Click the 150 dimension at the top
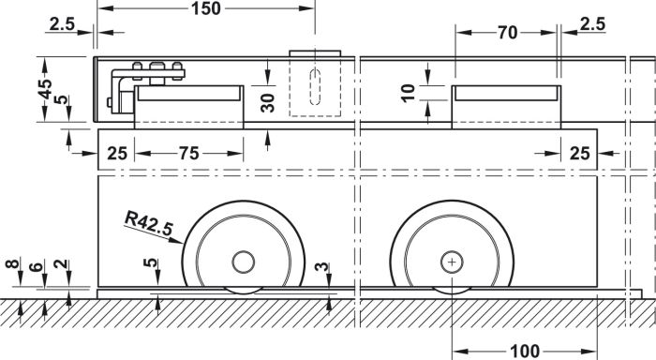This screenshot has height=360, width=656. [206, 8]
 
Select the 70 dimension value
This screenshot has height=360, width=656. [508, 33]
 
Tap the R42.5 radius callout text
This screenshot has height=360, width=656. [149, 223]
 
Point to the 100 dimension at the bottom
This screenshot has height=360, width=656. [525, 351]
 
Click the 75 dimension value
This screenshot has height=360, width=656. [189, 154]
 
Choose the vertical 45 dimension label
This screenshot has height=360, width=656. [45, 89]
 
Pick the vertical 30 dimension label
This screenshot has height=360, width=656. [267, 103]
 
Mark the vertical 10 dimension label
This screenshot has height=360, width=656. [409, 93]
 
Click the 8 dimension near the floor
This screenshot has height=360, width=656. [12, 263]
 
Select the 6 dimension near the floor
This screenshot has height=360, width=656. [37, 266]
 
